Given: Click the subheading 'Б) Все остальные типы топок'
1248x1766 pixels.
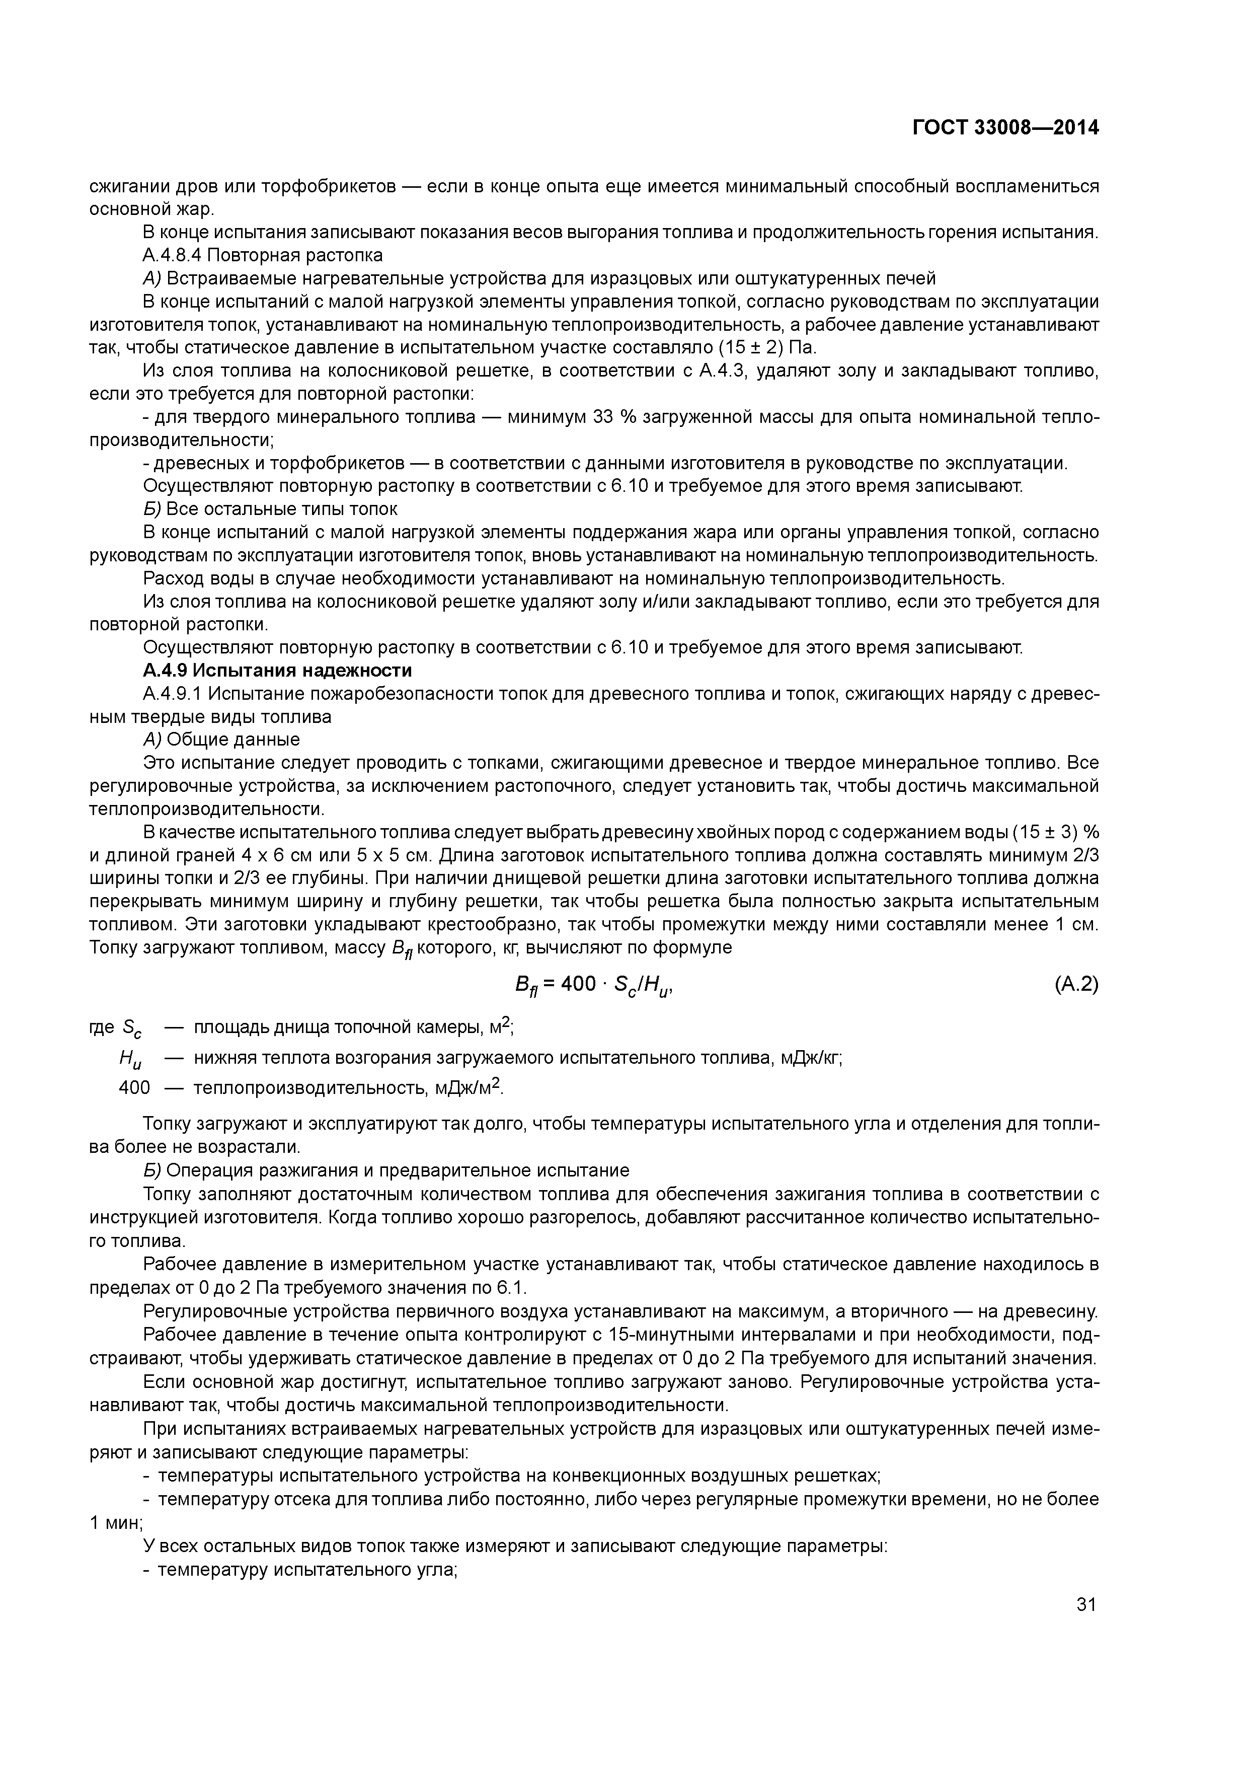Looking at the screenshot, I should coord(271,509).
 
